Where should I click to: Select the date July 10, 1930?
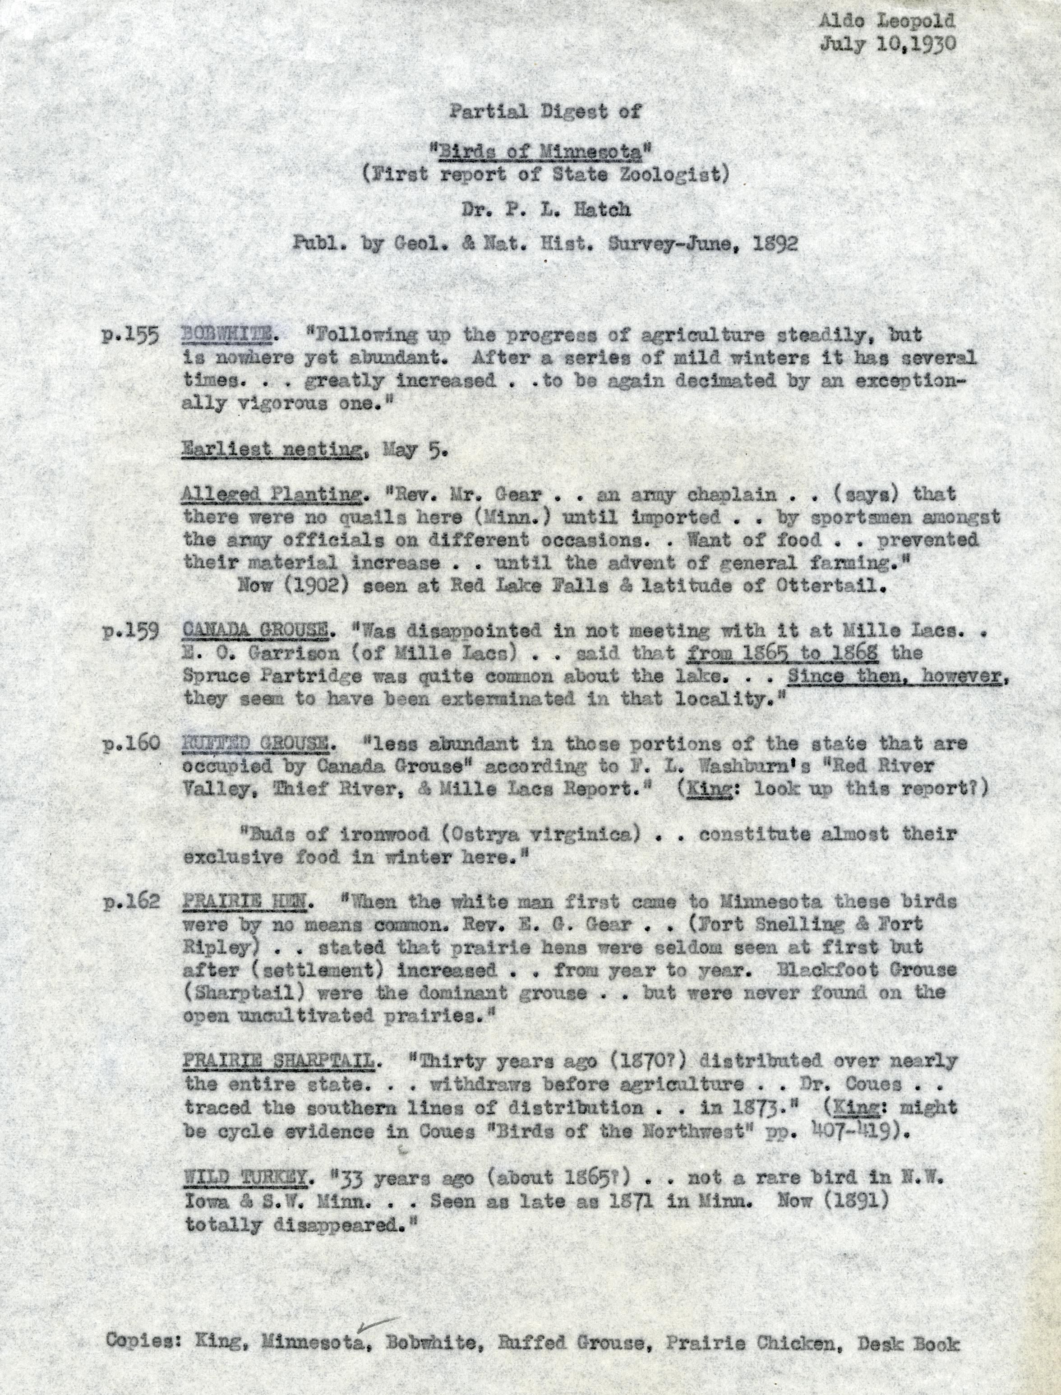pyautogui.click(x=887, y=44)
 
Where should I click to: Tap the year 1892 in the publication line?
pyautogui.click(x=775, y=244)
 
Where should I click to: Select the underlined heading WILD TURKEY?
pyautogui.click(x=246, y=1178)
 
